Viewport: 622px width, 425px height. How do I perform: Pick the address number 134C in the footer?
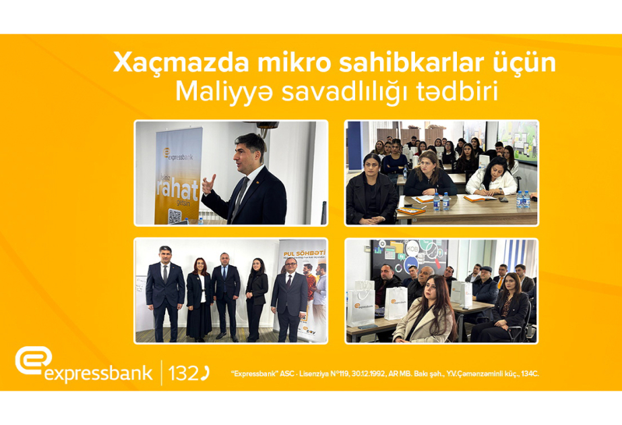click(x=528, y=373)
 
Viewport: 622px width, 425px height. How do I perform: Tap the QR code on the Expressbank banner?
click(x=175, y=216)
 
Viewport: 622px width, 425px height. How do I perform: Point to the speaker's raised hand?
click(x=210, y=182)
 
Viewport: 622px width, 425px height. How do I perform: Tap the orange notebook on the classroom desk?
click(x=410, y=211)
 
